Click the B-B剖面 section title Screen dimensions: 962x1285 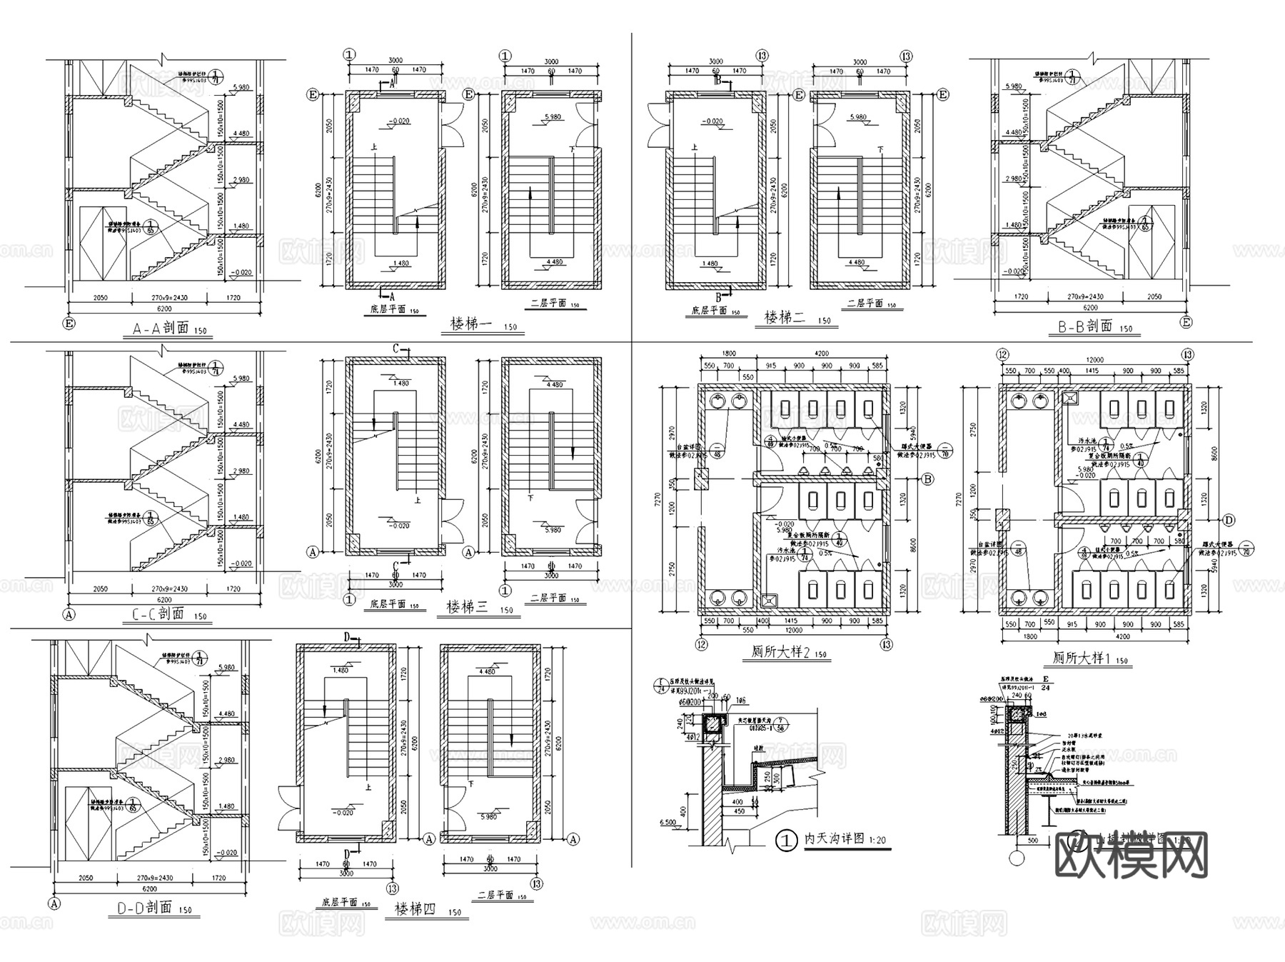[x=1085, y=326]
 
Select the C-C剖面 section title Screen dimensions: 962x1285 [x=158, y=613]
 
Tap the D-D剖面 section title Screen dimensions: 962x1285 [x=144, y=908]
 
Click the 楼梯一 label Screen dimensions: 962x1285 [x=471, y=324]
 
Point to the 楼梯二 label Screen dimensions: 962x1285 [x=785, y=318]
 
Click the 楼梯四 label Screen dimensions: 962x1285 [x=415, y=910]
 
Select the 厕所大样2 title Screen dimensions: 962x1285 [x=780, y=652]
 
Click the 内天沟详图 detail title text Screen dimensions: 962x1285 [x=835, y=839]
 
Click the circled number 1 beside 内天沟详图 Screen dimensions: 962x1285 [x=787, y=841]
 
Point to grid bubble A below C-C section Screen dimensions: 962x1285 [x=69, y=613]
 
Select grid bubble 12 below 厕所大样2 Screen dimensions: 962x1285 [x=702, y=645]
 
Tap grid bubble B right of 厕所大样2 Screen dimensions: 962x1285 [x=927, y=480]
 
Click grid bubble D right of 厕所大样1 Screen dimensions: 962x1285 [x=1229, y=519]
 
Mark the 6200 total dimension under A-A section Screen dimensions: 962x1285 [x=163, y=309]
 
